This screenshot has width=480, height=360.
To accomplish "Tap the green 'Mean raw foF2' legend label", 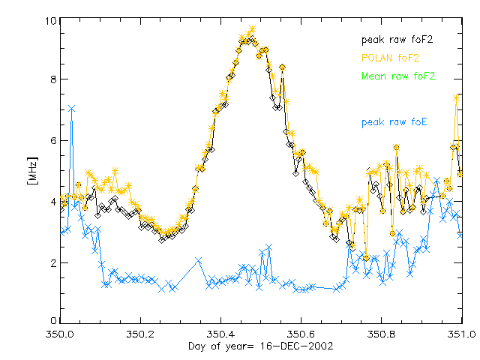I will tap(397, 76).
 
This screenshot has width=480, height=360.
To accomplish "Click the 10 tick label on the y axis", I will tap(46, 21).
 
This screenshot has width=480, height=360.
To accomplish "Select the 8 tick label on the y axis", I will tap(49, 79).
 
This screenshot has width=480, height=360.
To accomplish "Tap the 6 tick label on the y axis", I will tap(49, 141).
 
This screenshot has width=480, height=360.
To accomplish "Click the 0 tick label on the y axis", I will tap(49, 322).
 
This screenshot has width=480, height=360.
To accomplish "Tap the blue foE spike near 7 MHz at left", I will tap(71, 109).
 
